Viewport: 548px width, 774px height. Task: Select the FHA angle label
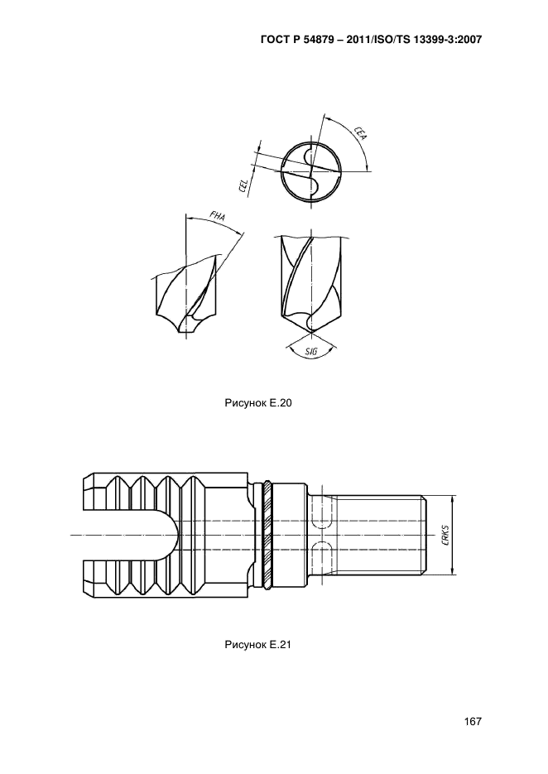pyautogui.click(x=217, y=217)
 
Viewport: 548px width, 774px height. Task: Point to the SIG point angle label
pyautogui.click(x=311, y=352)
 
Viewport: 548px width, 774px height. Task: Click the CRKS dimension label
pyautogui.click(x=446, y=536)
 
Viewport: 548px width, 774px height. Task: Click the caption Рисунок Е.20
pyautogui.click(x=258, y=403)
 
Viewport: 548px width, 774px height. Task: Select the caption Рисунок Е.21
pyautogui.click(x=258, y=645)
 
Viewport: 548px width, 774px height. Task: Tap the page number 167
pyautogui.click(x=473, y=722)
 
